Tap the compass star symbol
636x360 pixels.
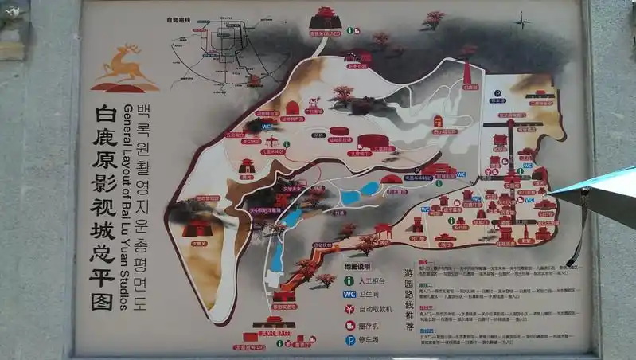click(521, 21)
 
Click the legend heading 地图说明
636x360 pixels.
click(357, 265)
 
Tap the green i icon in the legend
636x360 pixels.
click(349, 280)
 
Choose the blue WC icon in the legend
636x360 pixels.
click(349, 295)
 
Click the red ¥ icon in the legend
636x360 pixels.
click(349, 309)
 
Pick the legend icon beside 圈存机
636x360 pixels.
click(349, 324)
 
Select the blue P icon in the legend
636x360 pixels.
click(349, 339)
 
